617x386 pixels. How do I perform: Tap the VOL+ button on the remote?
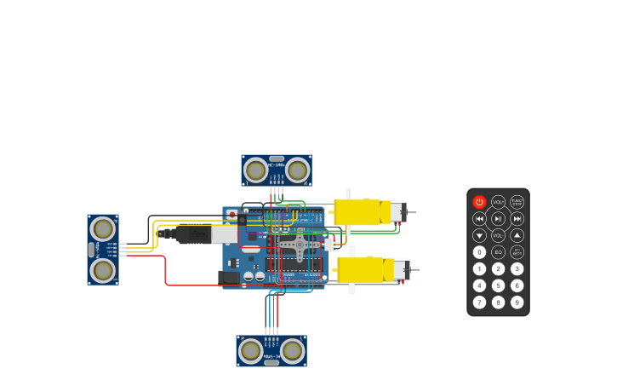pyautogui.click(x=498, y=202)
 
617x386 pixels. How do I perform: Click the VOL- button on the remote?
pyautogui.click(x=498, y=235)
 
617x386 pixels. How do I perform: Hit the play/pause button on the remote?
pyautogui.click(x=498, y=219)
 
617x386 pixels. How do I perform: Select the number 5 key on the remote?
pyautogui.click(x=498, y=285)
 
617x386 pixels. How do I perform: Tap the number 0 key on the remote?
pyautogui.click(x=479, y=252)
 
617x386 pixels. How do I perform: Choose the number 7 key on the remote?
pyautogui.click(x=479, y=302)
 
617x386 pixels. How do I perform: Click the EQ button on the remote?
pyautogui.click(x=498, y=252)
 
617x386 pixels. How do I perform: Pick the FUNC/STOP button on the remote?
pyautogui.click(x=517, y=202)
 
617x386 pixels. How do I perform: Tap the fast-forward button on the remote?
pyautogui.click(x=517, y=219)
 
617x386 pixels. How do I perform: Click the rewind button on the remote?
pyautogui.click(x=479, y=219)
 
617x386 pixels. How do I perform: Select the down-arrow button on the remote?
pyautogui.click(x=479, y=235)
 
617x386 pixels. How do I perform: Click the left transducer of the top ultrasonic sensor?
pyautogui.click(x=255, y=170)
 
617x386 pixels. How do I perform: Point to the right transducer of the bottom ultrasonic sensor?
pyautogui.click(x=292, y=350)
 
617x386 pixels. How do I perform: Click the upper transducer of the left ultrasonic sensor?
pyautogui.click(x=103, y=228)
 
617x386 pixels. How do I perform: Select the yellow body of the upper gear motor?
pyautogui.click(x=357, y=212)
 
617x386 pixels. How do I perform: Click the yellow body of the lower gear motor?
pyautogui.click(x=361, y=270)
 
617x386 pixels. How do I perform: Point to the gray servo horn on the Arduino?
pyautogui.click(x=298, y=245)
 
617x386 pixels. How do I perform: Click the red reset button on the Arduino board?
pyautogui.click(x=231, y=215)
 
